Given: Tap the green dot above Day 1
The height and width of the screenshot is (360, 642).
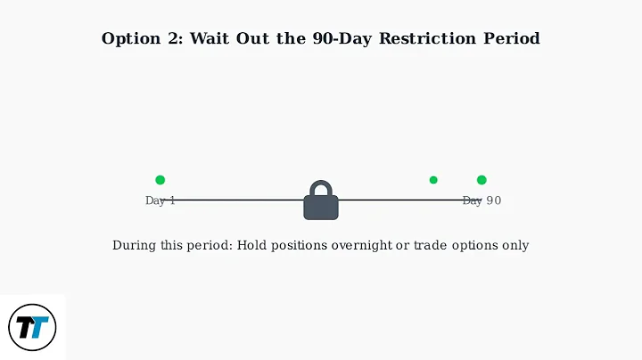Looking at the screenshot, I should pos(160,180).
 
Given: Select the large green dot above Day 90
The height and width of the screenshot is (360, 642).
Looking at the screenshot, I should pos(481,180).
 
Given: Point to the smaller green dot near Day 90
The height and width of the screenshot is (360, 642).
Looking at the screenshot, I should pos(433,180).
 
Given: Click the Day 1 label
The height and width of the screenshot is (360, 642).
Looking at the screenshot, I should pos(160,201).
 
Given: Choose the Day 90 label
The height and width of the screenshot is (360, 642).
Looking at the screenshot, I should pos(481,201).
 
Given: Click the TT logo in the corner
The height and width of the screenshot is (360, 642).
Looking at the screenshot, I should pos(32,327).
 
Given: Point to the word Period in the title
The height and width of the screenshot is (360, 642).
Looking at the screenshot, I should pos(513,39).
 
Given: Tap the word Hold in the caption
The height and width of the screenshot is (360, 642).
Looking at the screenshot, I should pos(252,245).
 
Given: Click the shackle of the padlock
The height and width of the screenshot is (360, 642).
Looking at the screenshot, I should pos(321,189).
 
